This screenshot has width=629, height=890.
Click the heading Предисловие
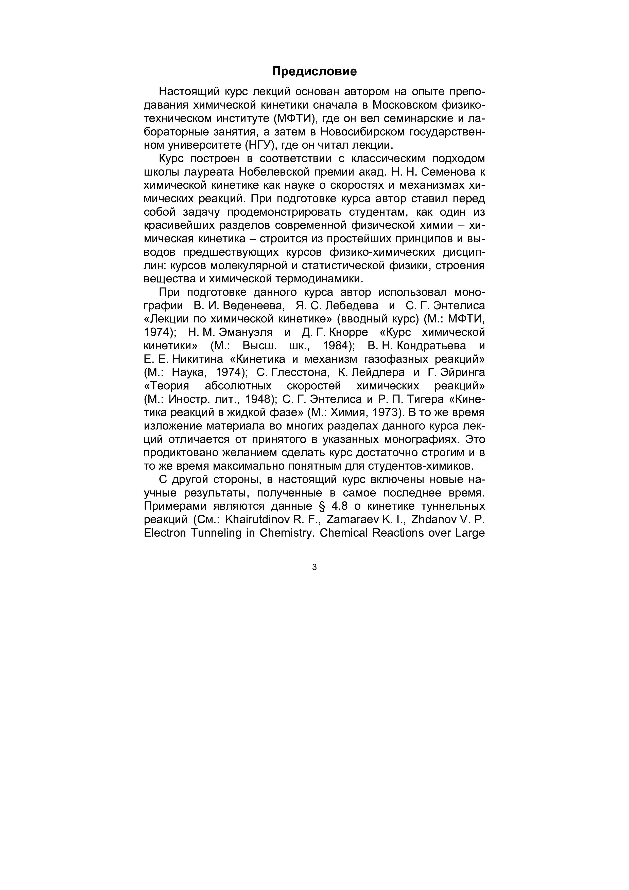tap(314, 71)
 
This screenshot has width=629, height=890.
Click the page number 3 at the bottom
tap(314, 567)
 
